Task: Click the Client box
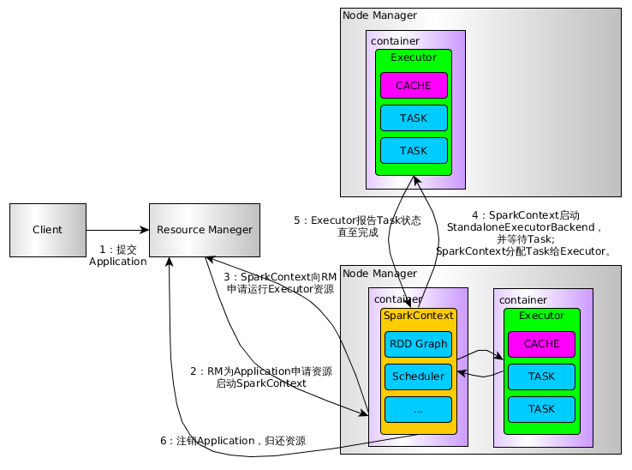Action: click(48, 230)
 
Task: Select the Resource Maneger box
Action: click(205, 230)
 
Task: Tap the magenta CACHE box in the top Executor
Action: click(414, 86)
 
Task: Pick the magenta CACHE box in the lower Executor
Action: click(541, 344)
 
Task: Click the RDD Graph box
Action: click(418, 344)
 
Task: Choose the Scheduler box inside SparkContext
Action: click(418, 377)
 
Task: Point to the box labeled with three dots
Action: click(418, 409)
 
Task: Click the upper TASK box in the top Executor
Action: click(414, 118)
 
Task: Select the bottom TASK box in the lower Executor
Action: click(541, 409)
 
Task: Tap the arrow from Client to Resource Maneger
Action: click(117, 230)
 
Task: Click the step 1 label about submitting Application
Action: click(118, 256)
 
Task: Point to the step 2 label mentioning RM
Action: click(261, 377)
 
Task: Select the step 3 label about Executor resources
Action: click(280, 283)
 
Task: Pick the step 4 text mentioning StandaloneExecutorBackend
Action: click(525, 232)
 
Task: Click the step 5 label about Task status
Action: click(357, 226)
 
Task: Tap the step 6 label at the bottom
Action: click(233, 441)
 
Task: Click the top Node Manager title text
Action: click(379, 15)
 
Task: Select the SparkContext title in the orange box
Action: click(418, 316)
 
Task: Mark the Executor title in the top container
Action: click(414, 57)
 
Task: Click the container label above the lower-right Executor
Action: click(523, 299)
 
